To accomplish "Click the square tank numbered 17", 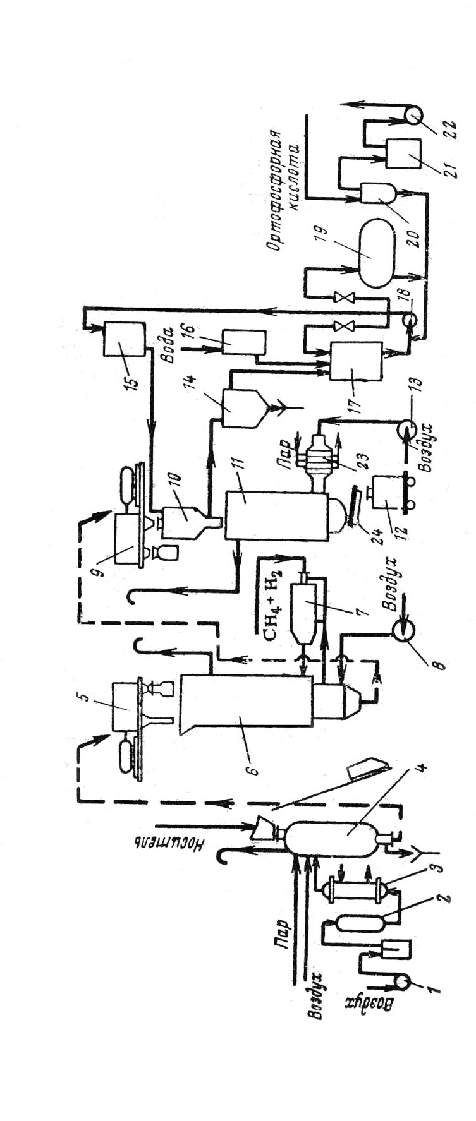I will [356, 361].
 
